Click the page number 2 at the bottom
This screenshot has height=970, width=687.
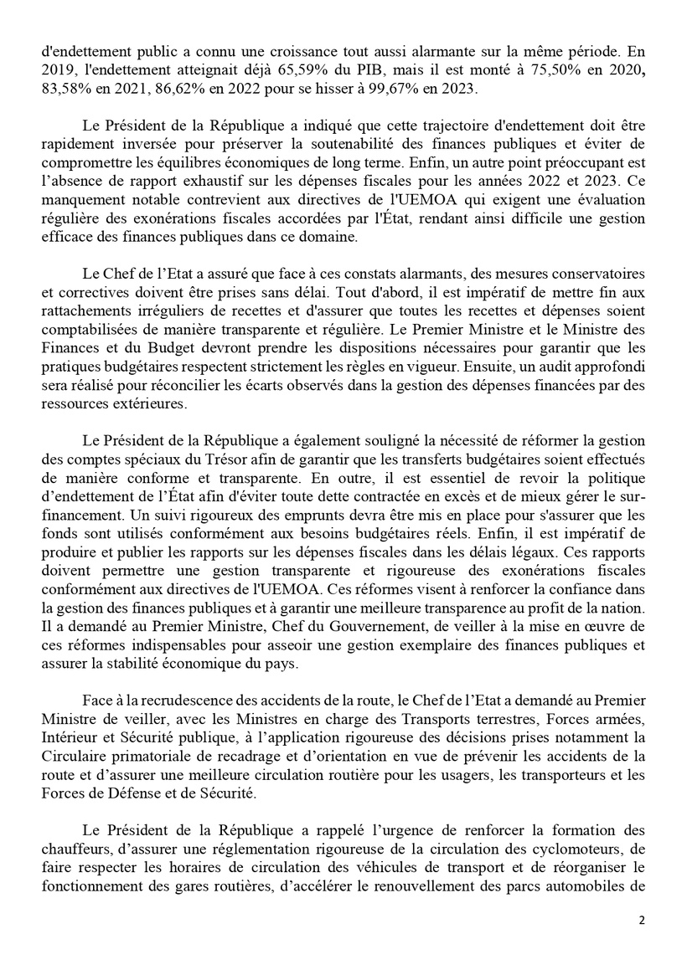[642, 920]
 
